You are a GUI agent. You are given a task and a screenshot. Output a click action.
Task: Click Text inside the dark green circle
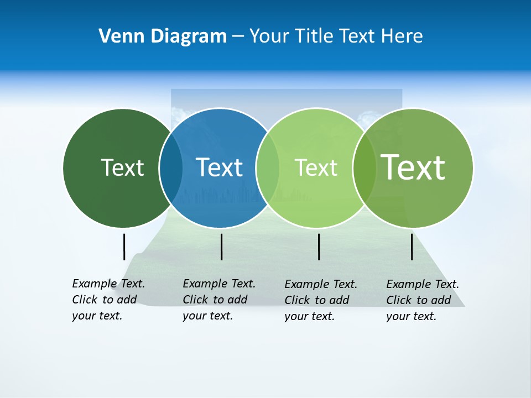click(x=122, y=167)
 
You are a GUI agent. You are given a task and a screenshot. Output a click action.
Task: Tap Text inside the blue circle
click(x=219, y=167)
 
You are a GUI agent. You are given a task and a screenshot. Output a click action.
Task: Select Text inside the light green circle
click(x=316, y=167)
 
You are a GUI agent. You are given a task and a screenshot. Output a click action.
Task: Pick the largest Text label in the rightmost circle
click(x=413, y=167)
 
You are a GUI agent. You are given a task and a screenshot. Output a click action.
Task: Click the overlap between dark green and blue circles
click(x=171, y=168)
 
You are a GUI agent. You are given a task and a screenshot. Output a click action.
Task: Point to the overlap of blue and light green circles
click(x=268, y=168)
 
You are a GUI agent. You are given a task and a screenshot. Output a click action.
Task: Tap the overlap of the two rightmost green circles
click(x=365, y=168)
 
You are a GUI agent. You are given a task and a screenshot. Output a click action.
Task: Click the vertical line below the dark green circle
click(x=124, y=247)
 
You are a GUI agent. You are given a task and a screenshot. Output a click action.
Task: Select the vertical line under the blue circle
click(x=221, y=247)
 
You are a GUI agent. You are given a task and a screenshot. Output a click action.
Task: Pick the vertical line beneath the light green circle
click(x=319, y=247)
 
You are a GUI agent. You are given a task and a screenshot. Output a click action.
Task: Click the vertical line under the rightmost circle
click(x=412, y=247)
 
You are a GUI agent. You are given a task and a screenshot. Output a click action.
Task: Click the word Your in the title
click(x=269, y=36)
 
